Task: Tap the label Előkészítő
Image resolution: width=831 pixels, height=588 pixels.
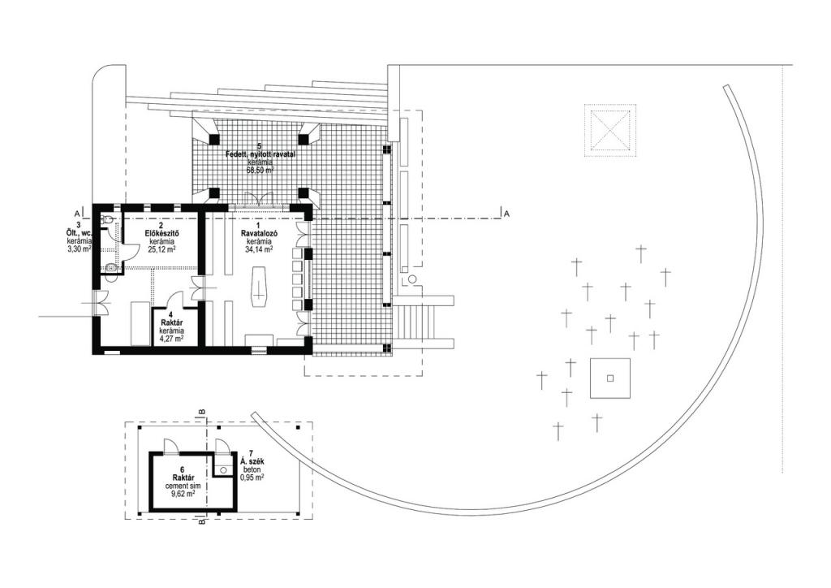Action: coord(161,234)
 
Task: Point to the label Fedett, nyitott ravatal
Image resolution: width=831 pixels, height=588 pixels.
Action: coord(260,153)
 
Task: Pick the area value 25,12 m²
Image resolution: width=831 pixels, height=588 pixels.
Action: coord(161,250)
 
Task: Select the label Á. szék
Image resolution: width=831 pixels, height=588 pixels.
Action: coord(248,462)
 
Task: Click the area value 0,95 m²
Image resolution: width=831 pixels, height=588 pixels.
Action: coord(248,478)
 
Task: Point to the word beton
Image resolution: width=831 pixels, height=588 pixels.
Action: coord(248,470)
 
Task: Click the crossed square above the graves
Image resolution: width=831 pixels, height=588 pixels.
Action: coord(609,130)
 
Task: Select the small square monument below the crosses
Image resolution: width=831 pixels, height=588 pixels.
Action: coord(610,378)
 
